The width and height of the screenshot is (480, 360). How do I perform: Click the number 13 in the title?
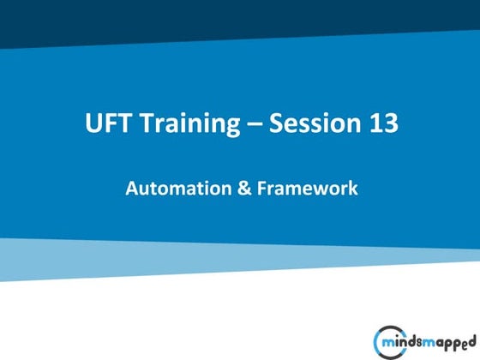pyautogui.click(x=383, y=123)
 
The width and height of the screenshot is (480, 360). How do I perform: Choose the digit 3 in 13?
pyautogui.click(x=390, y=123)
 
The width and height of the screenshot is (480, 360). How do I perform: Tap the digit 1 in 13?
pyautogui.click(x=375, y=123)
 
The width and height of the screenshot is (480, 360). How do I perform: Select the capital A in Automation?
pyautogui.click(x=132, y=188)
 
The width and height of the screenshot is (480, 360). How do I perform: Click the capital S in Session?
pyautogui.click(x=277, y=123)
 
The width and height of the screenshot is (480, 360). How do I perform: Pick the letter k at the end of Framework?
pyautogui.click(x=352, y=188)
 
